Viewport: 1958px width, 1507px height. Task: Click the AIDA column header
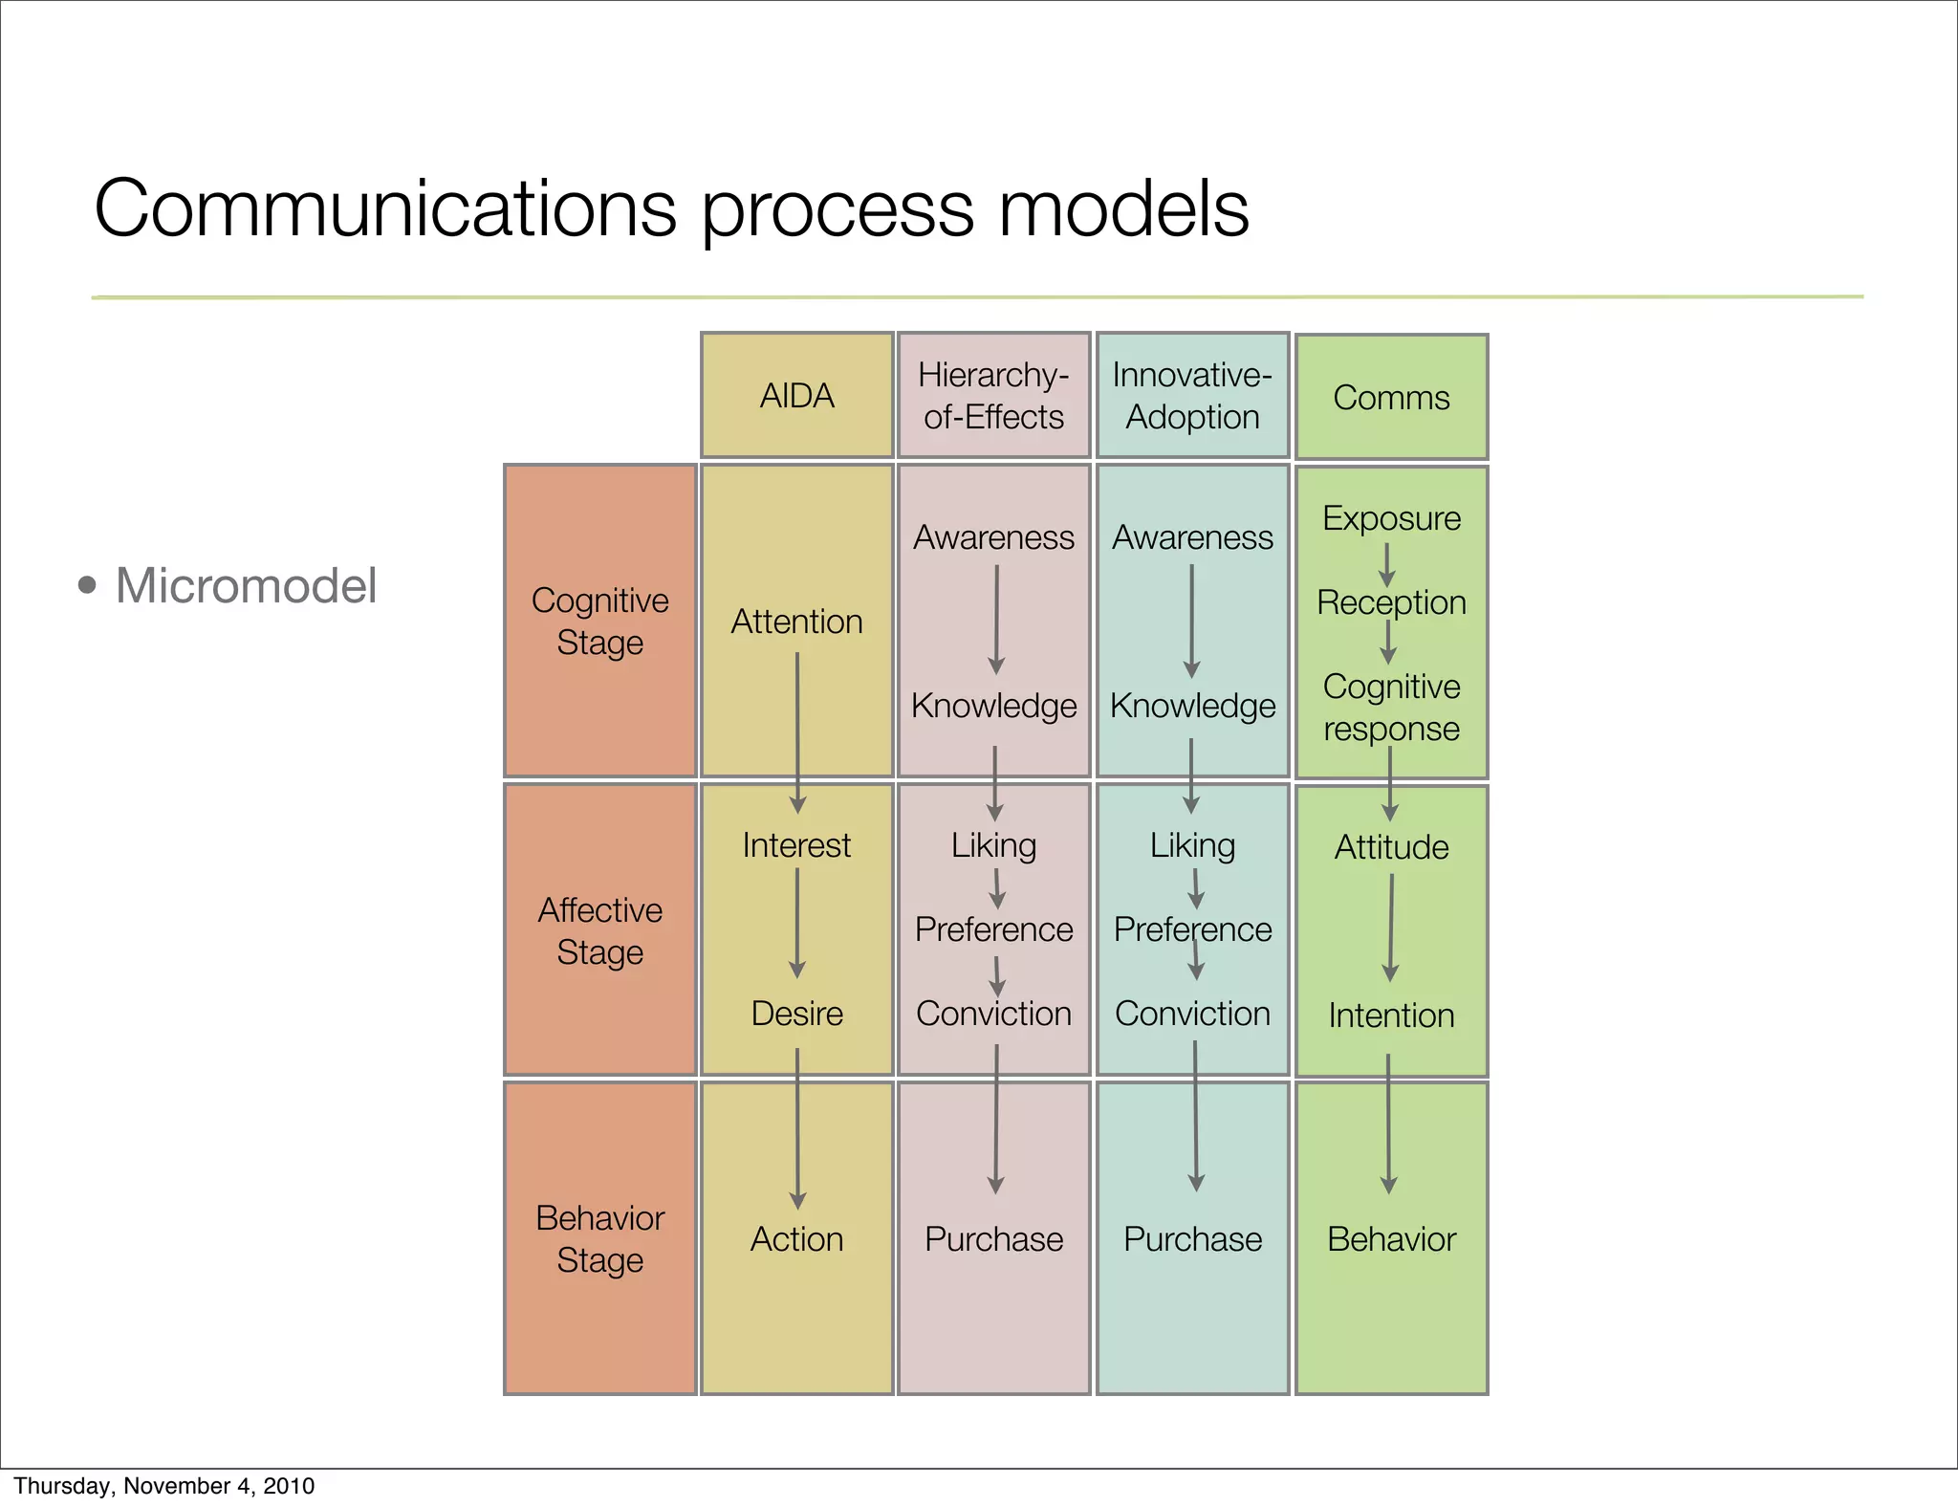click(796, 396)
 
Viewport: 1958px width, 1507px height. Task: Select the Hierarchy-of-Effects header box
click(993, 396)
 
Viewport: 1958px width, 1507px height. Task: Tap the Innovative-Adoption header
click(1192, 396)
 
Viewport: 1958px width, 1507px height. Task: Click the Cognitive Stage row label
click(599, 622)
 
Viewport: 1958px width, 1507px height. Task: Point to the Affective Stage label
click(599, 930)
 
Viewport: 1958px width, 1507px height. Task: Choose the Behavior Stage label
click(599, 1238)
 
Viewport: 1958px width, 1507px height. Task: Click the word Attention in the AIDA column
click(796, 622)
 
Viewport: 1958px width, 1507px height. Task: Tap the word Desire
click(796, 1014)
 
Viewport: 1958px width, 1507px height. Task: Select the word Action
click(796, 1239)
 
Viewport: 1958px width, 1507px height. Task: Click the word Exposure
click(1391, 518)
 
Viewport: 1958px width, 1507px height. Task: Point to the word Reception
click(1391, 602)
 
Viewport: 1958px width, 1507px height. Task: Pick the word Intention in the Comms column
click(1391, 1016)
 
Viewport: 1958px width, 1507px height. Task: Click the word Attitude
click(1391, 847)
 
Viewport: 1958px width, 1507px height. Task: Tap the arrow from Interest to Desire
click(796, 923)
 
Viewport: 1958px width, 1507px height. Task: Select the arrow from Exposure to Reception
click(1386, 564)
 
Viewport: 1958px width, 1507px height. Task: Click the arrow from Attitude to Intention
click(1391, 928)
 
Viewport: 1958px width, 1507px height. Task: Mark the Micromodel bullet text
click(246, 585)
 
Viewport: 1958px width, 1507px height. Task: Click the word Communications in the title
click(385, 208)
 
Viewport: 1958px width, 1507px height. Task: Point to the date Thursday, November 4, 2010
click(164, 1486)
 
